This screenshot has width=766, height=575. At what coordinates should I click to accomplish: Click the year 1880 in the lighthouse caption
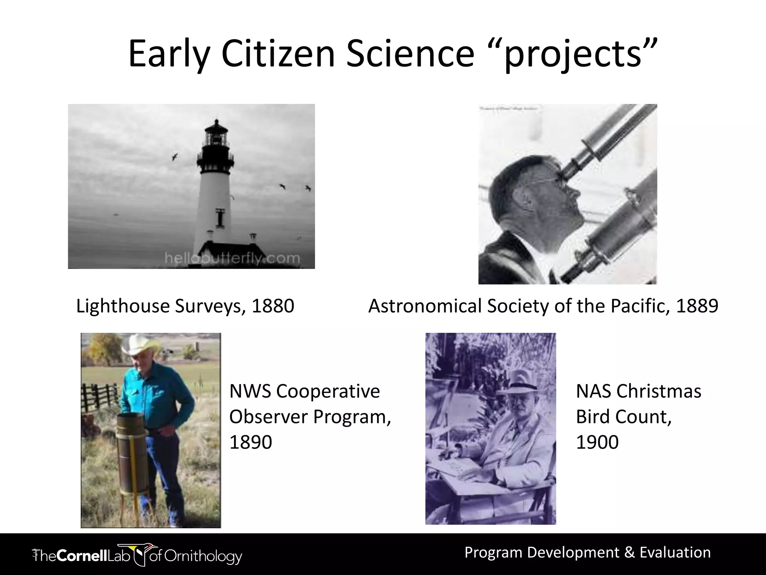pyautogui.click(x=273, y=306)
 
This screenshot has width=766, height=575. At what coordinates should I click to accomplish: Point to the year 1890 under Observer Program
pyautogui.click(x=250, y=442)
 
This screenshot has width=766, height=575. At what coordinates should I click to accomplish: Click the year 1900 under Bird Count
pyautogui.click(x=597, y=442)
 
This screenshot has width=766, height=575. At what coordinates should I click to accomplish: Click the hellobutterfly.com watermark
pyautogui.click(x=232, y=258)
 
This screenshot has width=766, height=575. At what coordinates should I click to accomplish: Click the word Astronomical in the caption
pyautogui.click(x=425, y=306)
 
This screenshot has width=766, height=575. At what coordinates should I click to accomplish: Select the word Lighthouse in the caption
pyautogui.click(x=123, y=306)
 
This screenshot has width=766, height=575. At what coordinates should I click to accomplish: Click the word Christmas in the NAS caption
pyautogui.click(x=658, y=391)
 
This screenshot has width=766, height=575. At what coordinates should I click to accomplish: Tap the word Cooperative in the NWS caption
pyautogui.click(x=328, y=391)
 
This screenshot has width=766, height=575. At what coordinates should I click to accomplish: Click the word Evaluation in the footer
pyautogui.click(x=675, y=553)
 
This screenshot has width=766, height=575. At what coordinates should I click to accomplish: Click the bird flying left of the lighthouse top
pyautogui.click(x=175, y=156)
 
